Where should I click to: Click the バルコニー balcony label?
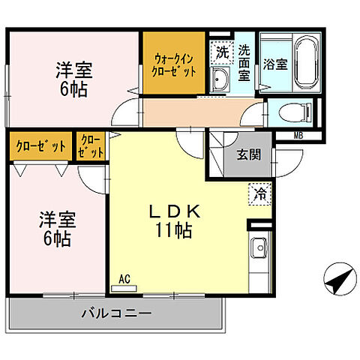tap(116, 313)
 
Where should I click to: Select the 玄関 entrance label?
tap(249, 155)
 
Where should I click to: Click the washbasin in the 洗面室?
tap(220, 81)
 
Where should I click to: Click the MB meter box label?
tap(299, 136)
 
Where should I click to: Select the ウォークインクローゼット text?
tap(175, 64)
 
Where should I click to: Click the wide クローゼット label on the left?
tap(40, 146)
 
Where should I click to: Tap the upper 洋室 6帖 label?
tap(73, 79)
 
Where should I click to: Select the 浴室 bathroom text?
tap(274, 64)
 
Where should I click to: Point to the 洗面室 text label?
tap(244, 62)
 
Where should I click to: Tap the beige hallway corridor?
tap(195, 113)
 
